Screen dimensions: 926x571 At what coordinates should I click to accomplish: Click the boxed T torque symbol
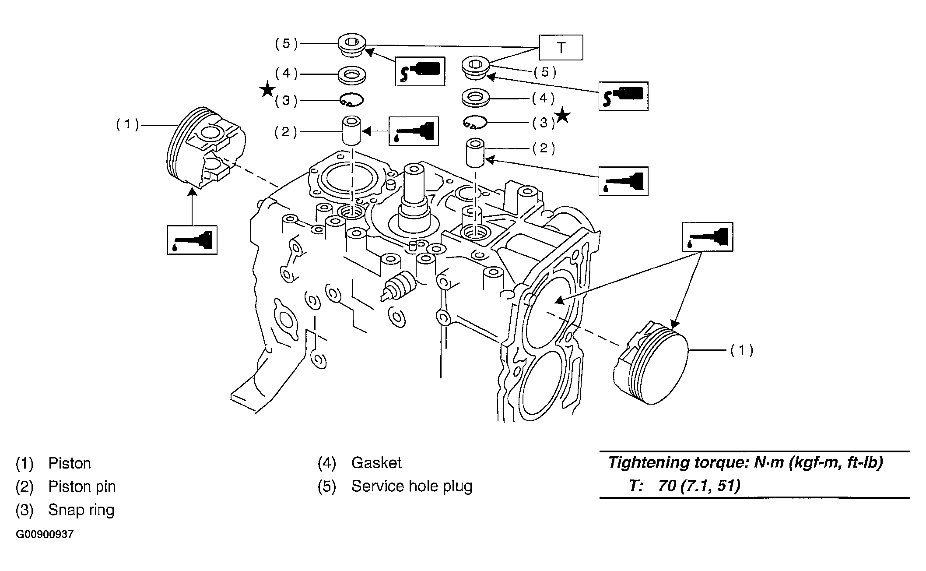tap(561, 47)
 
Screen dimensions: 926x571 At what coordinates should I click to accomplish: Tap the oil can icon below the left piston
tap(192, 240)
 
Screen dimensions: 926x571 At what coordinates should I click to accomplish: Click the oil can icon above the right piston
tap(708, 237)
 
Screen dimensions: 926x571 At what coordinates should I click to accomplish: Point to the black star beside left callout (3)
tap(267, 91)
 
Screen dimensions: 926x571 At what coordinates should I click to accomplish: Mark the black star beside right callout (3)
tap(563, 116)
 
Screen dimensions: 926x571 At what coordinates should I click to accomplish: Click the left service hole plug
tap(351, 46)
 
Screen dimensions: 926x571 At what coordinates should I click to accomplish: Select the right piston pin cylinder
tap(475, 153)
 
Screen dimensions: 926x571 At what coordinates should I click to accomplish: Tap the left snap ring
tap(352, 100)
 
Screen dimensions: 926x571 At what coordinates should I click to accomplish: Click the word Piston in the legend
tap(70, 463)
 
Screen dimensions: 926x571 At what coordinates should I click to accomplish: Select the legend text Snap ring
tap(81, 510)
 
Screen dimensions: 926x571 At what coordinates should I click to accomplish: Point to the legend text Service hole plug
tap(412, 486)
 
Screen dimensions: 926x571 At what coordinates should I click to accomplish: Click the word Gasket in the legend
tap(376, 463)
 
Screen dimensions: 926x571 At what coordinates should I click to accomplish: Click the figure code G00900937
tap(45, 535)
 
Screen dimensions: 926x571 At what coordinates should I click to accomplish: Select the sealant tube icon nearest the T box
tap(420, 71)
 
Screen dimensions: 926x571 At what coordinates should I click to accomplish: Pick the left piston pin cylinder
tap(351, 130)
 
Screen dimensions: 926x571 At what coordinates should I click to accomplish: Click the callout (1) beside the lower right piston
tap(742, 350)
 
